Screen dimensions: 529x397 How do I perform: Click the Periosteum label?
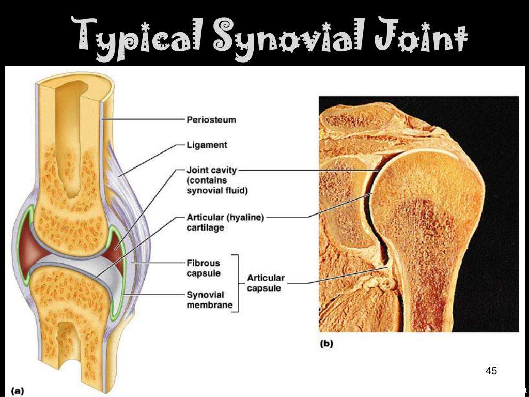(211, 120)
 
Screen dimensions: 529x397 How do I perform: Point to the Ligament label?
(207, 145)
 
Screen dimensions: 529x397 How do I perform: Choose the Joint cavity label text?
(212, 170)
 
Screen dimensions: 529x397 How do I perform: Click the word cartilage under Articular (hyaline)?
(205, 227)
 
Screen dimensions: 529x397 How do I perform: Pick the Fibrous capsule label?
(204, 268)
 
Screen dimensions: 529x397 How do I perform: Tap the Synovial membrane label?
(206, 299)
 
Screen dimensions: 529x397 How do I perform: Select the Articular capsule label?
(266, 283)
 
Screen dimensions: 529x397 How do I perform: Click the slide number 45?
(491, 371)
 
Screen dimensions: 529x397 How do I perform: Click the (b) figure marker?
(326, 343)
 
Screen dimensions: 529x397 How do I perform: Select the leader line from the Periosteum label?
(145, 119)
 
